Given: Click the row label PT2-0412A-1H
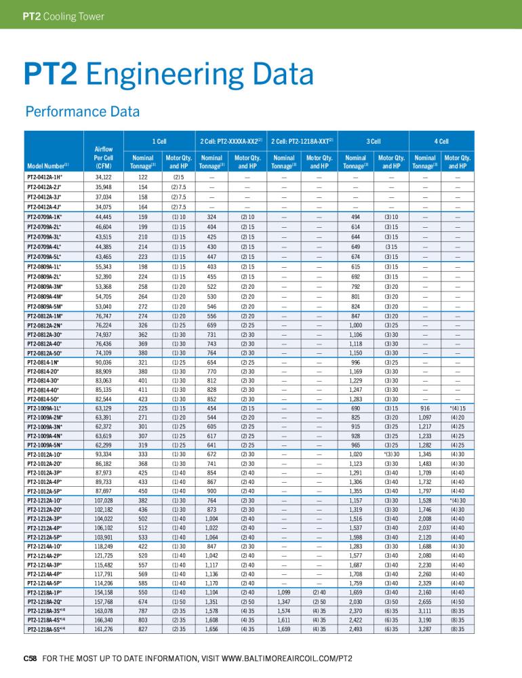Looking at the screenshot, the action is [44, 177].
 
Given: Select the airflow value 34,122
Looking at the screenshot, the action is [103, 177].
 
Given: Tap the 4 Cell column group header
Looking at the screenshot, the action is [441, 142].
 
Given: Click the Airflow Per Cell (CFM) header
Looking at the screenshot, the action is [103, 157].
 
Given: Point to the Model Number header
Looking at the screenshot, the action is [47, 166].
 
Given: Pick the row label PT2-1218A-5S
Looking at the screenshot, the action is [46, 629].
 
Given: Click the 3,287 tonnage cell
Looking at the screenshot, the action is [424, 629].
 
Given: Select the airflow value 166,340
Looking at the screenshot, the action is [103, 620].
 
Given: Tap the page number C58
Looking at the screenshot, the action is [30, 658].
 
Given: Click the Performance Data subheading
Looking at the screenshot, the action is [83, 112].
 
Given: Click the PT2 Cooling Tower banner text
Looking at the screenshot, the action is [64, 16].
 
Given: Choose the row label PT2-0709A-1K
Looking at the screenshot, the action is [44, 217].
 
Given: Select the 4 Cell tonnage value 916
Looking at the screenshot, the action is [424, 408].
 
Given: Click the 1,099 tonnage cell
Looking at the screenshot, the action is [283, 593].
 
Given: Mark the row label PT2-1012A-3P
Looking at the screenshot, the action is [44, 473].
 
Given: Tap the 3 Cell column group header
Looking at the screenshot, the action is [374, 142].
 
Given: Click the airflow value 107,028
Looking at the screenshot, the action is [103, 500].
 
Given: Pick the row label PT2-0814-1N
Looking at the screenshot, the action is [43, 362].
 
